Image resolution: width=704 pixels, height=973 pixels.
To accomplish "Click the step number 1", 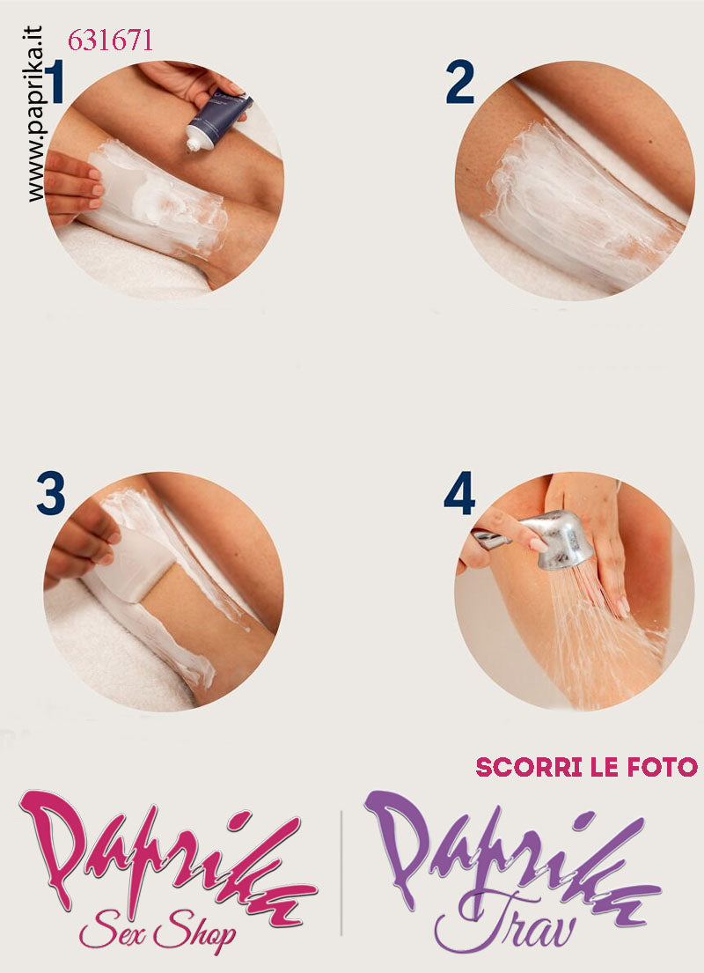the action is point(55,82).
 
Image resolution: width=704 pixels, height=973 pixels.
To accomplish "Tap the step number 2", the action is point(459,83).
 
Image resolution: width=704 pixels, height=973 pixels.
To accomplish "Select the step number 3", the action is point(51,493).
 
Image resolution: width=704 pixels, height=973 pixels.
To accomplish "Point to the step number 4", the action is point(459,493).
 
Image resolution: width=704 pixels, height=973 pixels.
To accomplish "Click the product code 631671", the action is point(110,41).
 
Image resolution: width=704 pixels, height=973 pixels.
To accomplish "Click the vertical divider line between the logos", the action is point(341,873).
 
